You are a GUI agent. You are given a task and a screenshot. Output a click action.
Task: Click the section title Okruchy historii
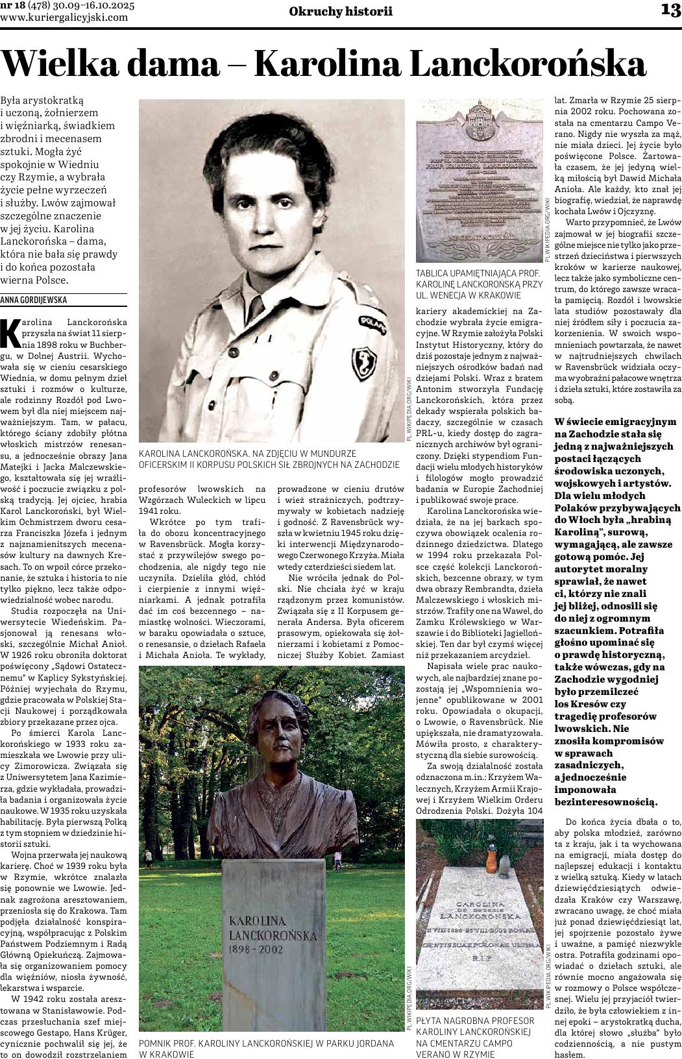pos(341,11)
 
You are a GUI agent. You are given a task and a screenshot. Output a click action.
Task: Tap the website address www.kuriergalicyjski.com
pos(64,18)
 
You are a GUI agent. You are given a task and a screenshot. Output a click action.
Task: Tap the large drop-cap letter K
pos(12,332)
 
